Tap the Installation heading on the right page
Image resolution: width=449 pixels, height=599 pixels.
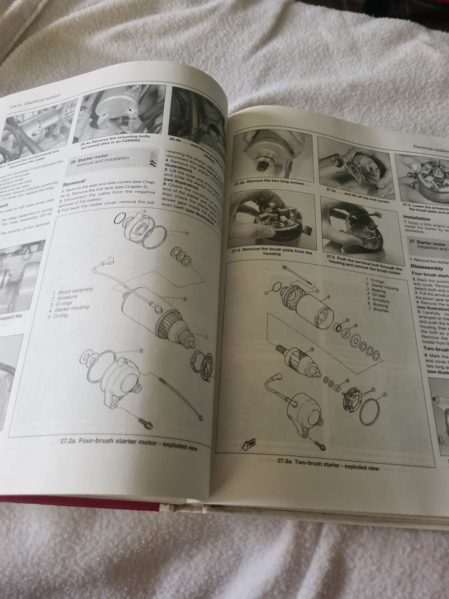click(417, 219)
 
